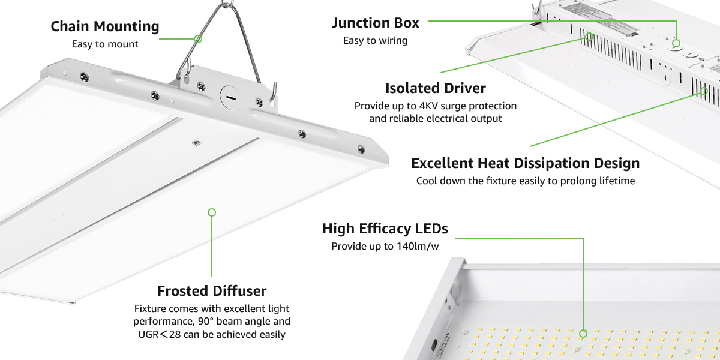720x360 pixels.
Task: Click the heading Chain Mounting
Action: pyautogui.click(x=105, y=27)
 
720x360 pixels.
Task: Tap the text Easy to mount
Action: pyautogui.click(x=105, y=44)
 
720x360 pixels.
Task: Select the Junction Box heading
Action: pyautogui.click(x=376, y=23)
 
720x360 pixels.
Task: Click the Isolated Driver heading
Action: pyautogui.click(x=435, y=88)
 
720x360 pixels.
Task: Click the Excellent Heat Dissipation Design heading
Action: pyautogui.click(x=525, y=163)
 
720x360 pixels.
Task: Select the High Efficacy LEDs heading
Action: pyautogui.click(x=385, y=229)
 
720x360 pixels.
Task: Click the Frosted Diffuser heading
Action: pyautogui.click(x=212, y=291)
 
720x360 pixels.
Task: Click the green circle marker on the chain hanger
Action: pyautogui.click(x=198, y=38)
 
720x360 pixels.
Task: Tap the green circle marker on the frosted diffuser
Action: pyautogui.click(x=211, y=212)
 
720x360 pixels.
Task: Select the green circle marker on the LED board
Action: pyautogui.click(x=583, y=333)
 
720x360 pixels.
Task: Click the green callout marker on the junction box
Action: pyautogui.click(x=676, y=43)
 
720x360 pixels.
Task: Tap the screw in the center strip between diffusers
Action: pyautogui.click(x=196, y=142)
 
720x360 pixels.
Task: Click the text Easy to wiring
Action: pyautogui.click(x=375, y=41)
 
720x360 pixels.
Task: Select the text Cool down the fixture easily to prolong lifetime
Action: pyautogui.click(x=525, y=181)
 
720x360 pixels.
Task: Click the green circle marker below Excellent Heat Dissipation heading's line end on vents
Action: pyautogui.click(x=703, y=91)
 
